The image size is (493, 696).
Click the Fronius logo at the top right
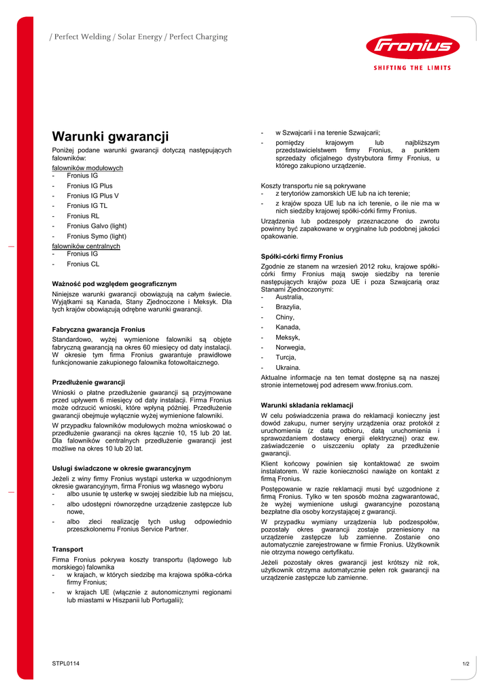413,47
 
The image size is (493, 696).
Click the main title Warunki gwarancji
110,136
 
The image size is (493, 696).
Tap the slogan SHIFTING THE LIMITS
413,68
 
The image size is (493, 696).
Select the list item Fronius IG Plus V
92,195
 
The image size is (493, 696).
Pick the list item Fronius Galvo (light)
97,226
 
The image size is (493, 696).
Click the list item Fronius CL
83,263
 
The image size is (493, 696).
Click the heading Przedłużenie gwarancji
88,382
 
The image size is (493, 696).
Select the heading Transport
67,549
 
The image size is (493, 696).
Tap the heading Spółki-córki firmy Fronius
302,256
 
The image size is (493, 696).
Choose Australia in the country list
290,297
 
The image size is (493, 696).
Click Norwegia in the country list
290,347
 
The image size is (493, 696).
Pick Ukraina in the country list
288,367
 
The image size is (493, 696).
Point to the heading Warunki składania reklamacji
307,405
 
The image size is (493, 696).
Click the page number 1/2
466,663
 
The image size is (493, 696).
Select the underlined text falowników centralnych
86,246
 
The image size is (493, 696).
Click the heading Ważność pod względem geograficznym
114,283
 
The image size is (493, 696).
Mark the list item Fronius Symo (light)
97,236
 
